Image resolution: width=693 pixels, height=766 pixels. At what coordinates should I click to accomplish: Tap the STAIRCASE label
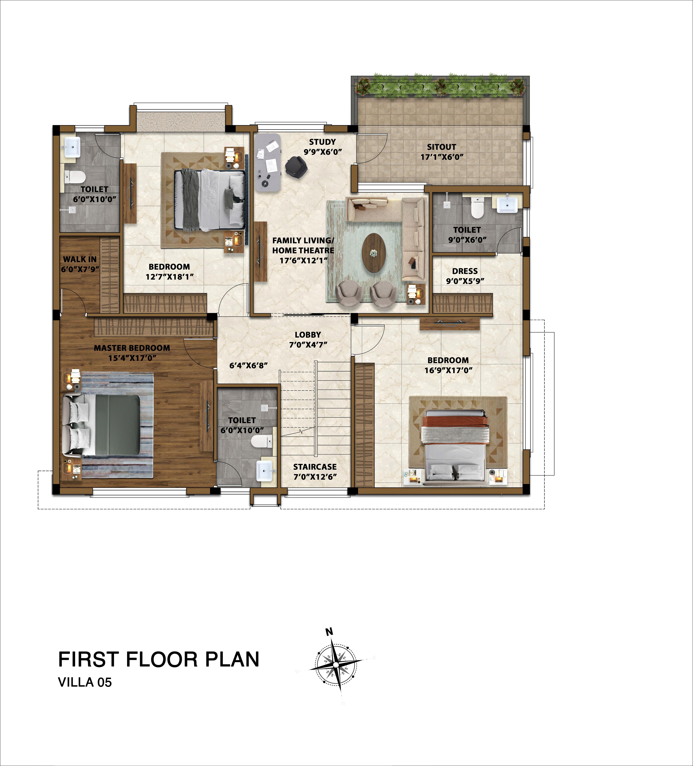pyautogui.click(x=315, y=467)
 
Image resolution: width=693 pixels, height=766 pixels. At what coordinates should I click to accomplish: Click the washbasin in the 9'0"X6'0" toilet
pyautogui.click(x=507, y=203)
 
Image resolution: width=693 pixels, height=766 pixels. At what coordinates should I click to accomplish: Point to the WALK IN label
pyautogui.click(x=80, y=259)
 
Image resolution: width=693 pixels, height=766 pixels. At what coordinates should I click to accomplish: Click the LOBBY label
pyautogui.click(x=308, y=335)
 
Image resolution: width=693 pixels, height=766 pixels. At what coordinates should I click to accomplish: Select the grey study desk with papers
pyautogui.click(x=268, y=162)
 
